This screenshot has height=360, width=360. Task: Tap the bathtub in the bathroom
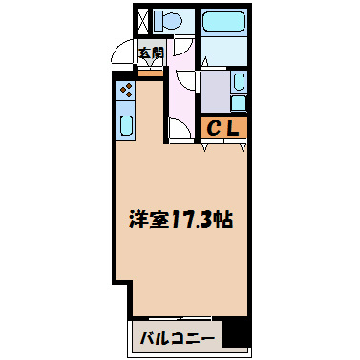coord(224,18)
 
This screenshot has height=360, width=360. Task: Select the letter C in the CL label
coord(217,127)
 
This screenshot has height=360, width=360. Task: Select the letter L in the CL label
coord(235,127)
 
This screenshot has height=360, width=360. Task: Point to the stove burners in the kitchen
coord(125,93)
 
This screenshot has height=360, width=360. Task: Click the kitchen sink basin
coord(125,123)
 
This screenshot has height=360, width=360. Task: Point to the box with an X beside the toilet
coord(143,20)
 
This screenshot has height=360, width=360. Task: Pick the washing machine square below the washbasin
coord(239,104)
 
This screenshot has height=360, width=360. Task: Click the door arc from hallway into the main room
coord(179,128)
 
